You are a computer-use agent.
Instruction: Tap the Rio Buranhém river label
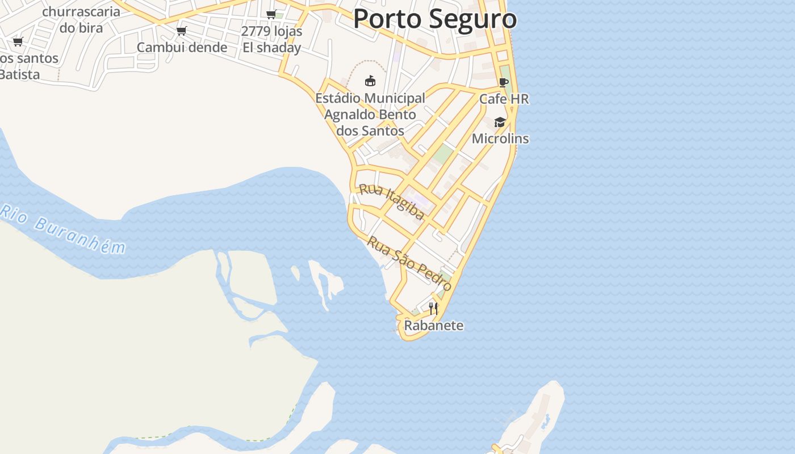point(62,229)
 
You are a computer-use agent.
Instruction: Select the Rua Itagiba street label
point(392,201)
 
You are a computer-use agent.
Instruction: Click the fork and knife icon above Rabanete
point(433,308)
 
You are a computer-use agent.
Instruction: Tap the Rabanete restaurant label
point(433,326)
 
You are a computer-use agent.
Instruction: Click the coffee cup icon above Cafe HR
point(504,83)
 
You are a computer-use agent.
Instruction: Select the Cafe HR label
point(504,99)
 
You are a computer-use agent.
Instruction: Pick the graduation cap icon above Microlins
point(500,122)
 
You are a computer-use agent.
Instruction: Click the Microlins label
point(500,138)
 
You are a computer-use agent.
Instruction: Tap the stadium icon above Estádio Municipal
point(370,81)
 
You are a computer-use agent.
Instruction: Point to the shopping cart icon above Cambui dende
point(182,31)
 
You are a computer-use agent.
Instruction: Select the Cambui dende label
point(182,47)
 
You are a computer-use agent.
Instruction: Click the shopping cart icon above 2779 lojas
point(271,14)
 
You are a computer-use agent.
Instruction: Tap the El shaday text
point(271,48)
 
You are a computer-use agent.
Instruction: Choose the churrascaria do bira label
point(81,19)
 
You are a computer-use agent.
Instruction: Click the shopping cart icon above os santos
point(18,41)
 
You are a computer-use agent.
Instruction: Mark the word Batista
point(19,74)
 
